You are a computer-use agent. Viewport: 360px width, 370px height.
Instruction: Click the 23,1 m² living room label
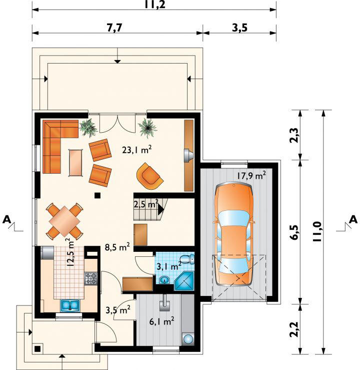click(x=137, y=150)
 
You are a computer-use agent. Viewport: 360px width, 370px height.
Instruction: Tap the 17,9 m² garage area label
click(x=251, y=175)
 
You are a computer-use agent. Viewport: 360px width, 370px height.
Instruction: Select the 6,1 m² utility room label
click(x=162, y=321)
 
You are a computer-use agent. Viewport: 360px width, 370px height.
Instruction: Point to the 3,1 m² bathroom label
click(x=169, y=266)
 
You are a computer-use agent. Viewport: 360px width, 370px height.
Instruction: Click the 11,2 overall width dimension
click(x=155, y=5)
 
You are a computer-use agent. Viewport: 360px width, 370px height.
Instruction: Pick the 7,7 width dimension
click(x=114, y=28)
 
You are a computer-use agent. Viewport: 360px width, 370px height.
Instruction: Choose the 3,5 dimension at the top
click(x=239, y=28)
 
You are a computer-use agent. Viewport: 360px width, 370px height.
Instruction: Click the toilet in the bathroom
click(x=188, y=259)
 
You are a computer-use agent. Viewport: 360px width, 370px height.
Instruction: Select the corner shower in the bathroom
click(x=184, y=281)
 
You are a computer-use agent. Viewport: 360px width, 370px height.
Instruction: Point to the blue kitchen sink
click(x=69, y=305)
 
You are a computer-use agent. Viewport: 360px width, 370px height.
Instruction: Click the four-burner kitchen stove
click(x=91, y=278)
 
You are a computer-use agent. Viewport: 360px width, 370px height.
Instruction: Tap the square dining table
click(x=64, y=221)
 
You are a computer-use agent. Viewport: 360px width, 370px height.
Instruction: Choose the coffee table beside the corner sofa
click(x=75, y=163)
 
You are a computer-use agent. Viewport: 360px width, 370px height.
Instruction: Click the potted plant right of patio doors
click(x=147, y=128)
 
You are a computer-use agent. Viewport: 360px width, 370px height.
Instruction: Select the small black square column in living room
click(x=97, y=195)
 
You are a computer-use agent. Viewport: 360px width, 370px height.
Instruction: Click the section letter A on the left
click(x=7, y=220)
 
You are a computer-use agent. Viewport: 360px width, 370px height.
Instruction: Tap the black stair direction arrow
click(x=160, y=209)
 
